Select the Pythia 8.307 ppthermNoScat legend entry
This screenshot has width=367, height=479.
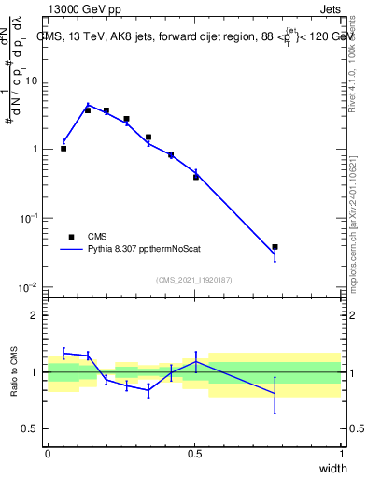pyautogui.click(x=137, y=250)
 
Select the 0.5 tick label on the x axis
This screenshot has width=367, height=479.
pyautogui.click(x=194, y=454)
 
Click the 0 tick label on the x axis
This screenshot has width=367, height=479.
pyautogui.click(x=48, y=454)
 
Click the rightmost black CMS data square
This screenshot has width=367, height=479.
pyautogui.click(x=275, y=247)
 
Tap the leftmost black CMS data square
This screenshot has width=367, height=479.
pyautogui.click(x=64, y=148)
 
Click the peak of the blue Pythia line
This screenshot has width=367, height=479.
pyautogui.click(x=88, y=105)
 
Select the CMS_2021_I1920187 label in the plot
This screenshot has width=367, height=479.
pyautogui.click(x=193, y=279)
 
